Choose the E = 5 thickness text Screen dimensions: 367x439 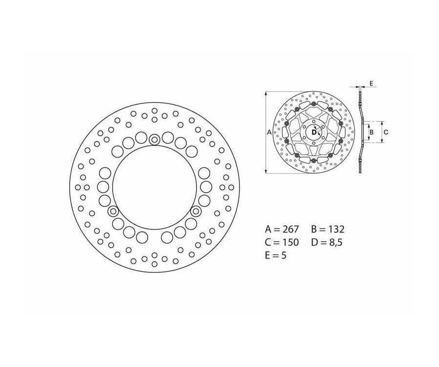point(276,255)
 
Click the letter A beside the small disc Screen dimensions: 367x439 point(269,132)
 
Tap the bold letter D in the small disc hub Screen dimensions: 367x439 point(313,131)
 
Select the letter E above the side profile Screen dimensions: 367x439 point(371,84)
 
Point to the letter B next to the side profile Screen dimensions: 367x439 point(371,132)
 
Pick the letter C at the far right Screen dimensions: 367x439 point(385,132)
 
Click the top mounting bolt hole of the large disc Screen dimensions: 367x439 point(155,140)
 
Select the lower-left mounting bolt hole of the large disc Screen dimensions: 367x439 point(113,211)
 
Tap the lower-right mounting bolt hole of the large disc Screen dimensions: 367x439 point(196,211)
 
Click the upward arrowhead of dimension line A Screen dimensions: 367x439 point(266,93)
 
